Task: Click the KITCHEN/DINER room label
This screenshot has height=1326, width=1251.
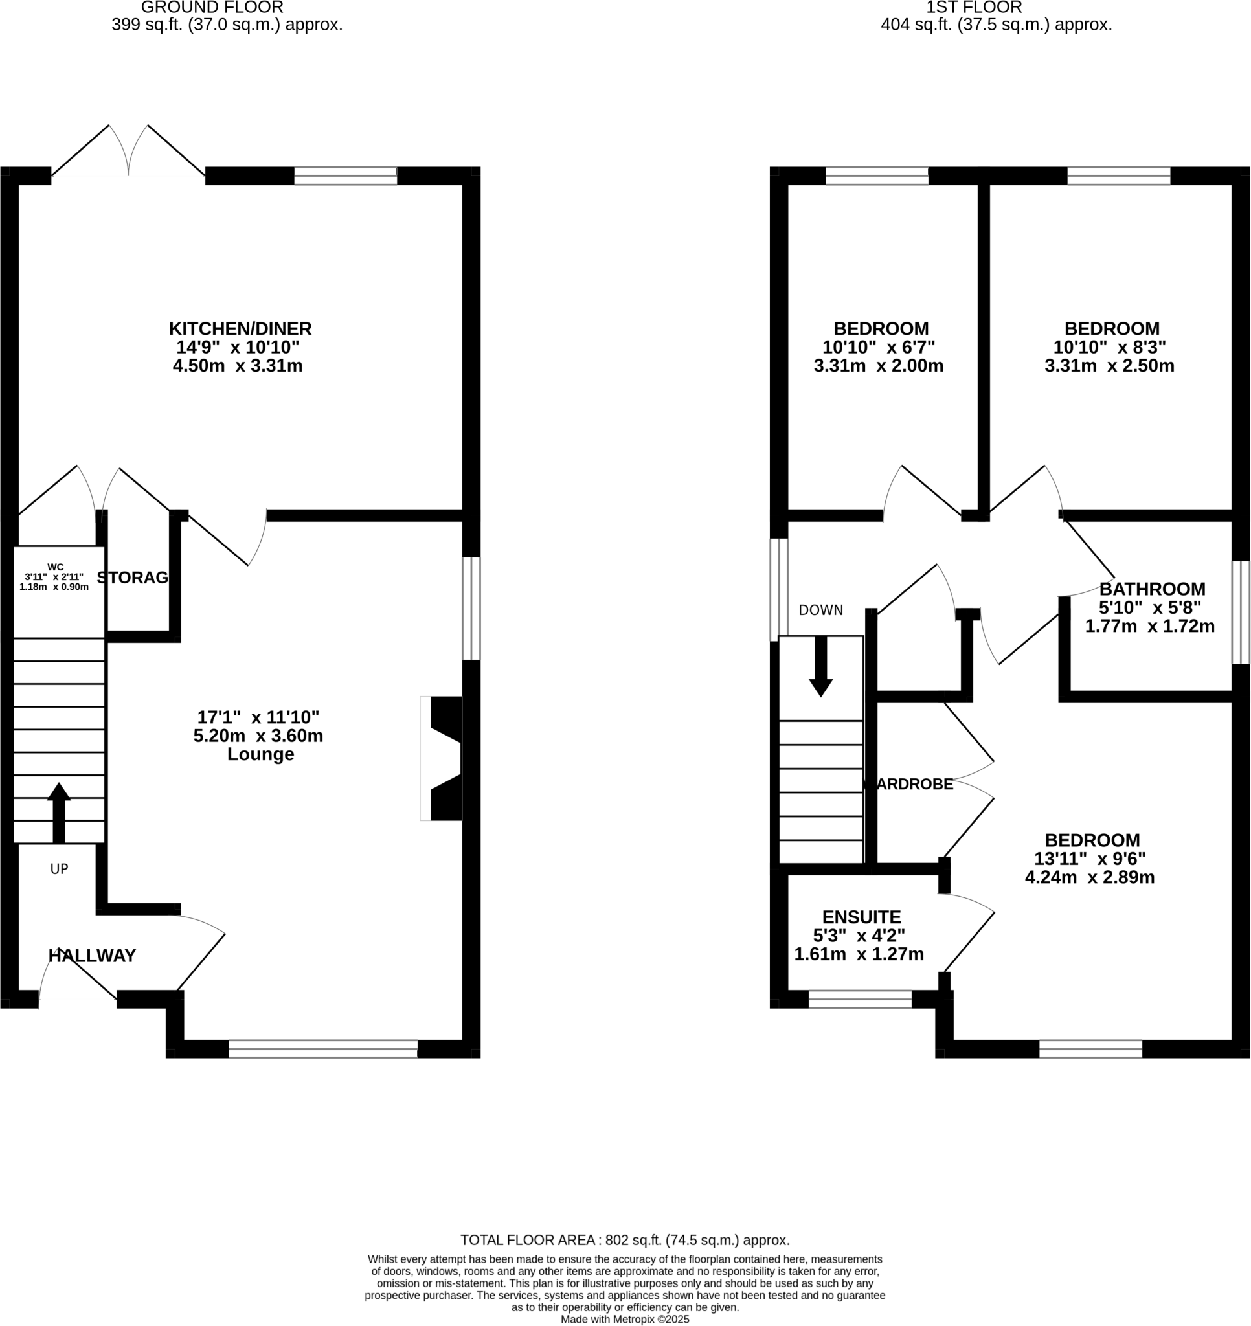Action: click(240, 329)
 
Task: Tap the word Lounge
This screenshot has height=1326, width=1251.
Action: click(260, 754)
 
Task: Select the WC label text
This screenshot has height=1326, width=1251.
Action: click(56, 567)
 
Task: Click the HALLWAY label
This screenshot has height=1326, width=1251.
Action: click(92, 956)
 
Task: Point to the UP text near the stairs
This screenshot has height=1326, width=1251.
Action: click(60, 869)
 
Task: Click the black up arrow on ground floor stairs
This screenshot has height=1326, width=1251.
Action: click(59, 811)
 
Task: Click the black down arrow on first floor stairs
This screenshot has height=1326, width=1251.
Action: click(820, 667)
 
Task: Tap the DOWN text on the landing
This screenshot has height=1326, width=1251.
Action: click(820, 611)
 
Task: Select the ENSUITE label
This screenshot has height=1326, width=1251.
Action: click(861, 917)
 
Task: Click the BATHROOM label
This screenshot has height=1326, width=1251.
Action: click(1153, 589)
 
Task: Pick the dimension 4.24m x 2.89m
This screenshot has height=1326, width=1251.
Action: click(1090, 878)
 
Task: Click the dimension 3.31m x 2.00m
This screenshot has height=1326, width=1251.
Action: click(879, 366)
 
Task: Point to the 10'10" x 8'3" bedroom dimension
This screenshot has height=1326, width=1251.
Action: click(1110, 348)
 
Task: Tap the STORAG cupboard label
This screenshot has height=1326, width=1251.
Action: click(133, 578)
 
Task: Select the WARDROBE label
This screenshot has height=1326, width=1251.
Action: click(908, 784)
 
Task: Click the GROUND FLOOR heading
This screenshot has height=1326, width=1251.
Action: click(212, 8)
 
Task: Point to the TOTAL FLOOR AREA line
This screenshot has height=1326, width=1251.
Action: click(624, 1240)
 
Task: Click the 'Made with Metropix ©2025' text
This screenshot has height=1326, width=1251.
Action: click(624, 1319)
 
